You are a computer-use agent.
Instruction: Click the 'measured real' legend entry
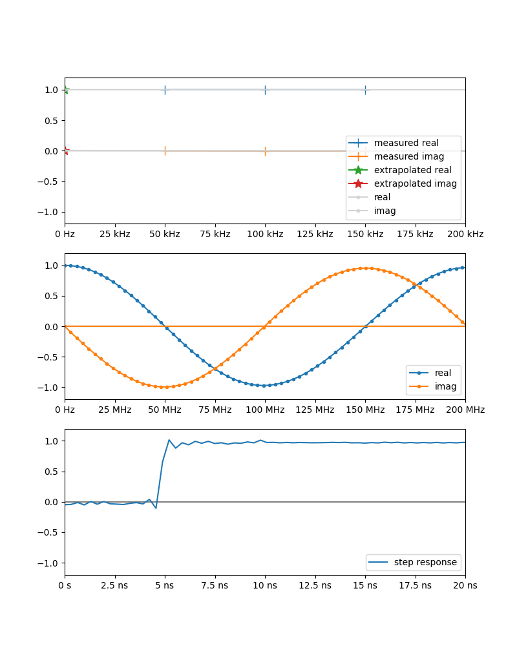pos(406,143)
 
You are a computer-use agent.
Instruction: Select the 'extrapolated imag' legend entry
pos(415,183)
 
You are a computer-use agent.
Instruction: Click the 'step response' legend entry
pos(425,562)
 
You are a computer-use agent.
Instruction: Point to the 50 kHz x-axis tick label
pos(165,234)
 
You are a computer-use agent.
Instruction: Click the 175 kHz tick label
pos(415,234)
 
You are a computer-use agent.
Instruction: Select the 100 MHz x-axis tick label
pos(265,410)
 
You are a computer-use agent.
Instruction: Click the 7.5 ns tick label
pos(215,585)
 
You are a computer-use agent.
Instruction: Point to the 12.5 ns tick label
pos(315,585)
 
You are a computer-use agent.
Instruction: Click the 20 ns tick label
pos(465,585)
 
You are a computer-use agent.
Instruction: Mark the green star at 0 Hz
pos(65,90)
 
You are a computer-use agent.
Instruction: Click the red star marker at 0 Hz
pos(65,151)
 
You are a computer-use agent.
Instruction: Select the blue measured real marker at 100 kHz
pos(265,90)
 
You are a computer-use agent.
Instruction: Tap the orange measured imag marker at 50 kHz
pos(165,151)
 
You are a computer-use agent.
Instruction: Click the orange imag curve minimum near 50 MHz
pos(165,387)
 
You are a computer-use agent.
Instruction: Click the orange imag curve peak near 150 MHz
pos(365,268)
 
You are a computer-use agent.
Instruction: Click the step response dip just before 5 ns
pos(156,508)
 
